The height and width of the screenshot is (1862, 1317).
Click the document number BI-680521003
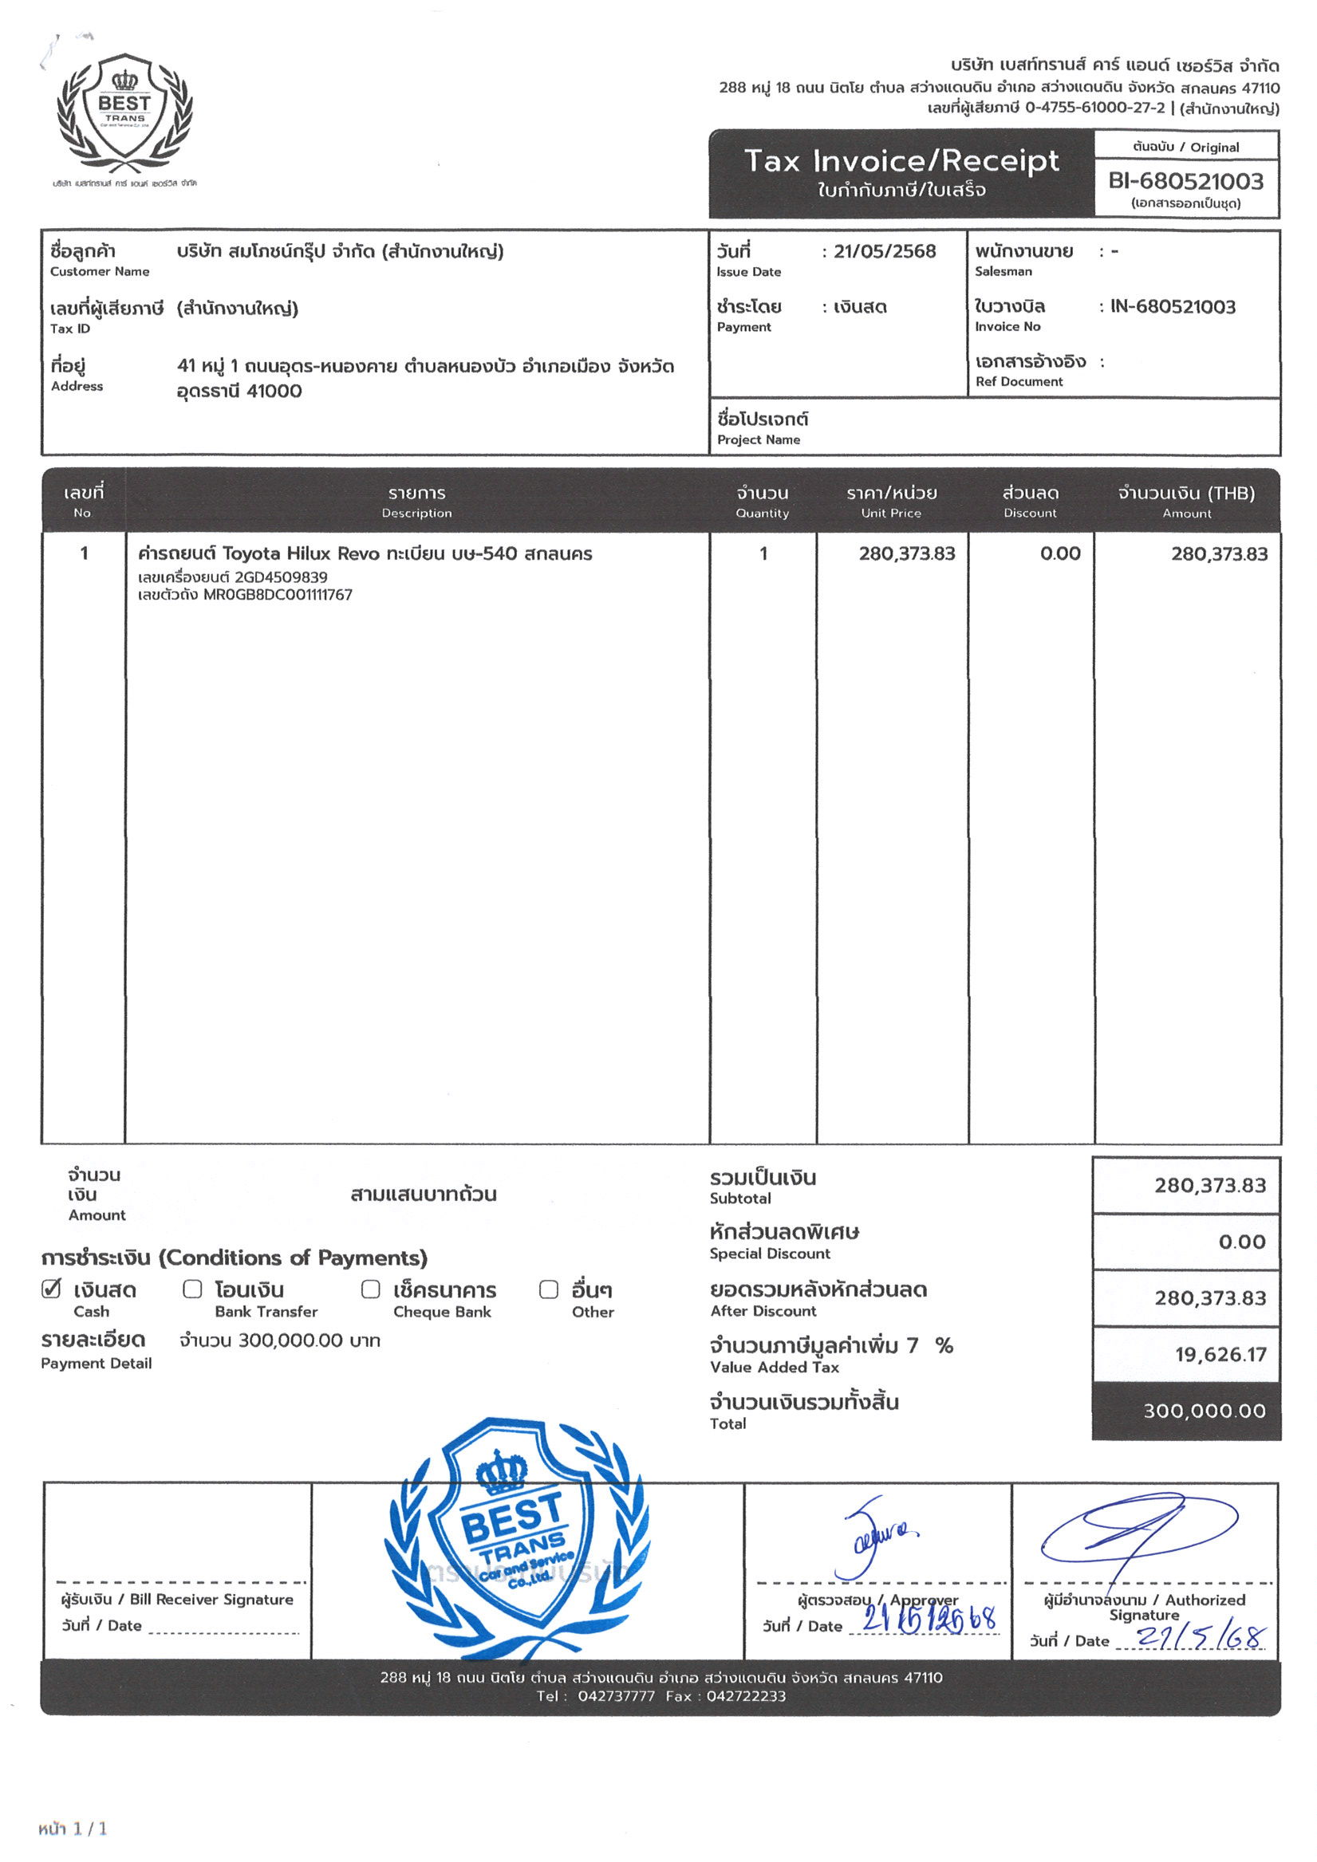click(1185, 181)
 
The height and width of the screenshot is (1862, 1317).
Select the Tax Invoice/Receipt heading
click(901, 161)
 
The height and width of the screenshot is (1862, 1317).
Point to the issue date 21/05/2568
click(885, 251)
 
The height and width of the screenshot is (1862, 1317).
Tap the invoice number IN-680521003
click(1172, 306)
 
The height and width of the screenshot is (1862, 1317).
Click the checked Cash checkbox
click(51, 1289)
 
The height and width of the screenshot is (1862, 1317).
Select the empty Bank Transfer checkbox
click(192, 1289)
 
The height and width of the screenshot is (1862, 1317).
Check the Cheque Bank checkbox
click(370, 1289)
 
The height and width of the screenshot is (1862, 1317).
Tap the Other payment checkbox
click(549, 1289)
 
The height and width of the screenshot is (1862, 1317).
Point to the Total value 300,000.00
click(1205, 1411)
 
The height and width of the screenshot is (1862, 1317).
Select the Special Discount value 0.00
click(1241, 1242)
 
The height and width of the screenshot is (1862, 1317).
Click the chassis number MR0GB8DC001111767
click(278, 595)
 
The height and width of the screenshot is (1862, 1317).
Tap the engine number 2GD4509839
click(281, 577)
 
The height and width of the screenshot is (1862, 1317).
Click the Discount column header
click(1030, 501)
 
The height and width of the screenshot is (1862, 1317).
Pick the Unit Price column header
click(891, 501)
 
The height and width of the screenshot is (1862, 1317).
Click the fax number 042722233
click(746, 1696)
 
